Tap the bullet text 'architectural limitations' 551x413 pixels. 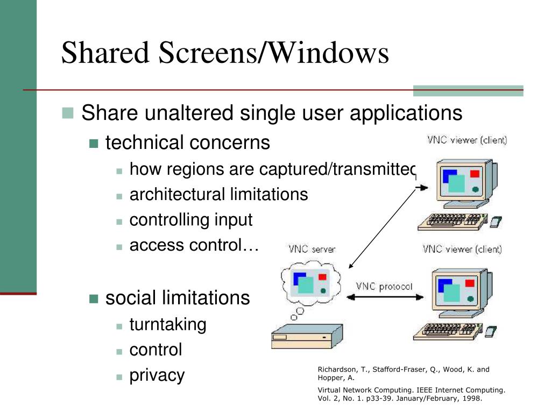tap(218, 194)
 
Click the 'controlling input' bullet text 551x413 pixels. tap(190, 220)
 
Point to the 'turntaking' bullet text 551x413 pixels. tap(168, 324)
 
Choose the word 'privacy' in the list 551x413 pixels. tap(157, 375)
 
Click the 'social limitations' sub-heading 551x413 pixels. tap(178, 297)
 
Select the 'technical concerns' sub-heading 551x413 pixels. tap(187, 143)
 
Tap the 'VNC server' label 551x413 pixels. tap(312, 249)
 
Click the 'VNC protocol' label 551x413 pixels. tap(384, 286)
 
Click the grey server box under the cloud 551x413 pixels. tap(306, 337)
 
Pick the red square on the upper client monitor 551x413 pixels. tap(474, 173)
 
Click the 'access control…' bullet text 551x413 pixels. tap(194, 246)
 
